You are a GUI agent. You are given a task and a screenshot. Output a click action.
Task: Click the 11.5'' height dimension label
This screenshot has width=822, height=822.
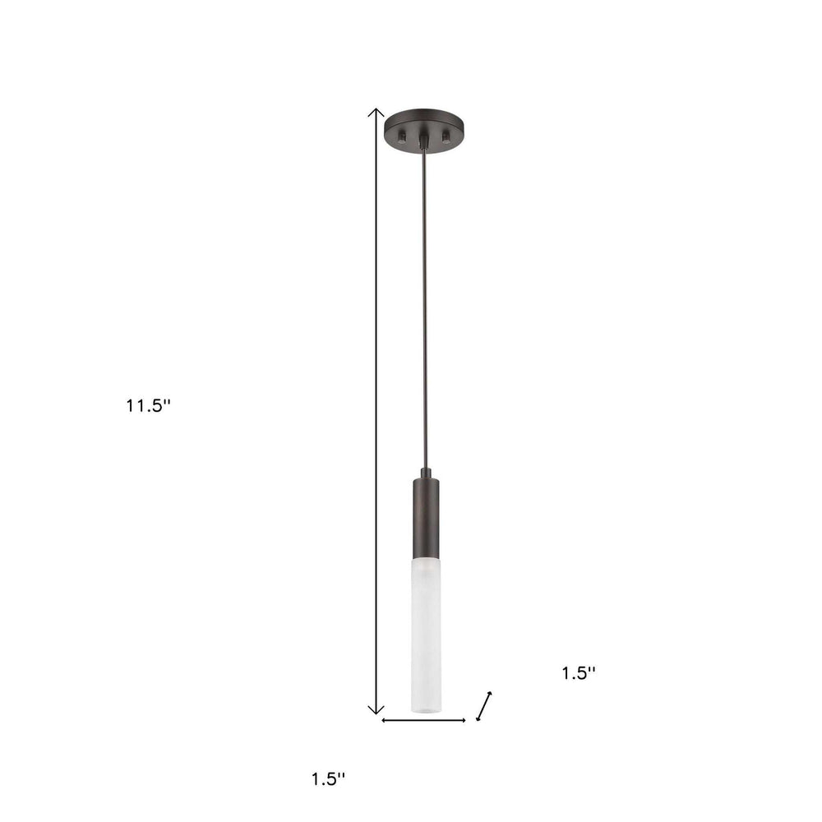(148, 404)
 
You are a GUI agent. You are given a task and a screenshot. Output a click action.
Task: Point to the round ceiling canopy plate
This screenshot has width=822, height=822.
(424, 124)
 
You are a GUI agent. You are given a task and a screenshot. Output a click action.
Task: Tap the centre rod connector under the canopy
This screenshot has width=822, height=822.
(424, 141)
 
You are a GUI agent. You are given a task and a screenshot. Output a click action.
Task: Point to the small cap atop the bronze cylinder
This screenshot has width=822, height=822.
(426, 473)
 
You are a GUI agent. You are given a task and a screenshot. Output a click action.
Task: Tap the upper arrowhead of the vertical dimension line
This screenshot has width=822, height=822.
(376, 112)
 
